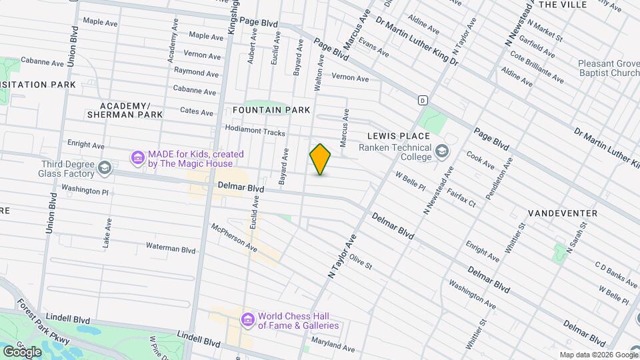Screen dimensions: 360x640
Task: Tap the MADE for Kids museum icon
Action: [138, 158]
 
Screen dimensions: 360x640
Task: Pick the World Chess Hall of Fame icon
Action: [247, 321]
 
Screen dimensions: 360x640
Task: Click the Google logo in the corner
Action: [23, 351]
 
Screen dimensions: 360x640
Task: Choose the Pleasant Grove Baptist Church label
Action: [609, 68]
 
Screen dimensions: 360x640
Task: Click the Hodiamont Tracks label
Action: [255, 132]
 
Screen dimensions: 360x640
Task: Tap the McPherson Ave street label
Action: [234, 237]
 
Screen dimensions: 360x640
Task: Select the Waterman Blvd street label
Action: [171, 249]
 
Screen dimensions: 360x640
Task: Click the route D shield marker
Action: [423, 100]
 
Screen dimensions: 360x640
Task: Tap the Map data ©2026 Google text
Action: [598, 355]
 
